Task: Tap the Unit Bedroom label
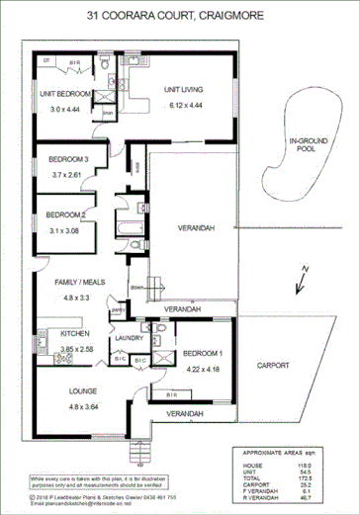click(66, 94)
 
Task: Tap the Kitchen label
click(48, 334)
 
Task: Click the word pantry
click(117, 309)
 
